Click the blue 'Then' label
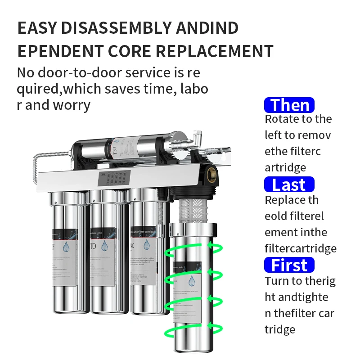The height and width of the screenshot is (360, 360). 289,105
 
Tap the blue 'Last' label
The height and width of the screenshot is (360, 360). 289,185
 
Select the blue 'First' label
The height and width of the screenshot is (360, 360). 289,265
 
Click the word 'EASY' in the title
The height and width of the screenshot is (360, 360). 37,28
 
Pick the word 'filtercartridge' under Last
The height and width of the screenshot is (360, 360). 300,248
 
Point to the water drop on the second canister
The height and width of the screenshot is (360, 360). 105,245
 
